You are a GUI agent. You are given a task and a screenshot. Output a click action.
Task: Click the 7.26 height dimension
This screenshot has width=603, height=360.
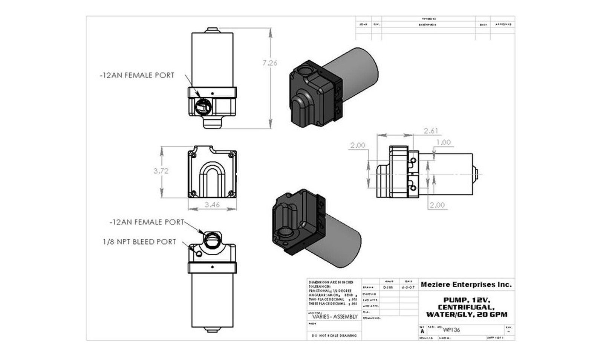269,63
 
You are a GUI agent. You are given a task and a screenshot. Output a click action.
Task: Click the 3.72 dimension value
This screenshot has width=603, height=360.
161,171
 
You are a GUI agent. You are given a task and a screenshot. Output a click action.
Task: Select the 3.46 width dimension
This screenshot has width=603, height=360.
212,205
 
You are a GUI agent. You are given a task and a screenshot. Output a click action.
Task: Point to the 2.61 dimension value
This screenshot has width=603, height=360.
431,131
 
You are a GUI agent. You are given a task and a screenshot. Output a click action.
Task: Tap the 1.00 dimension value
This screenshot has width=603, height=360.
443,142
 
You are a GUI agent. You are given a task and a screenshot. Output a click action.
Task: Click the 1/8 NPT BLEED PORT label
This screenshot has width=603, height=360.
139,242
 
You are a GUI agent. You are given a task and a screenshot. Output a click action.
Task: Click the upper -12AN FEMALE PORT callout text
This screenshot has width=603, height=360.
137,75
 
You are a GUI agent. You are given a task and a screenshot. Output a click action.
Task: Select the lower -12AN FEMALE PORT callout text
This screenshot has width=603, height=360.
147,222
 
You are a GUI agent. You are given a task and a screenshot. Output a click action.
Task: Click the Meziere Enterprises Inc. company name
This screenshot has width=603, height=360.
466,285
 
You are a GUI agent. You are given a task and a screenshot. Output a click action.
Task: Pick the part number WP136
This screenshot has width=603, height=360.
451,330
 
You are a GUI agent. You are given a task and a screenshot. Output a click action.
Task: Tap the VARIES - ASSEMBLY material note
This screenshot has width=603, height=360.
335,317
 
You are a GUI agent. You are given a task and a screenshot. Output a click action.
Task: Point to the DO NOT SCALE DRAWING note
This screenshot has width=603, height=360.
334,336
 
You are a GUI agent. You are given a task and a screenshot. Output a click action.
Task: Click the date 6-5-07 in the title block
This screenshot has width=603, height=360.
408,287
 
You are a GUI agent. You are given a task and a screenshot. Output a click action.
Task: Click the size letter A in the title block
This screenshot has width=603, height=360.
422,331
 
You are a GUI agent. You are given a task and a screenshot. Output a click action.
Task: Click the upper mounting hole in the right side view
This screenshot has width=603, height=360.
413,161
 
